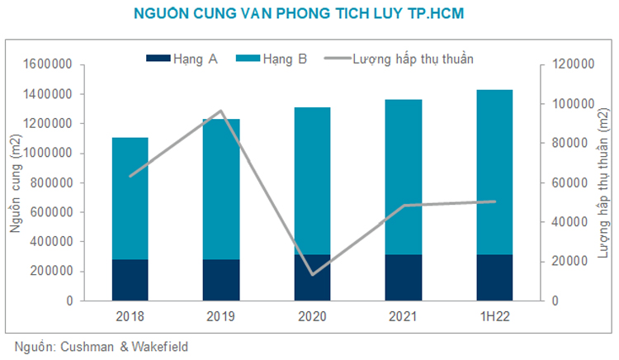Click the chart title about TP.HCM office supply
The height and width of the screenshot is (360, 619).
click(x=309, y=15)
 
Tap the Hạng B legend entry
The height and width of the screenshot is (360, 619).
click(x=272, y=59)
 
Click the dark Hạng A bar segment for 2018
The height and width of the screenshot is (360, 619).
click(x=130, y=280)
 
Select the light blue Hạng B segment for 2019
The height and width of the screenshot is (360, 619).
click(x=221, y=189)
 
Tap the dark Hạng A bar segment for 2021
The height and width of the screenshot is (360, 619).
click(x=404, y=277)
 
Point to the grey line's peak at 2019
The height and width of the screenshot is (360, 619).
click(x=221, y=111)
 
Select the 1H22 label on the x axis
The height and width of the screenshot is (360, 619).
click(x=494, y=316)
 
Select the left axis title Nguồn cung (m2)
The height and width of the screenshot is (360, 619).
click(x=16, y=182)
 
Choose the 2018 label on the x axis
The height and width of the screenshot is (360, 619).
click(x=130, y=316)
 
